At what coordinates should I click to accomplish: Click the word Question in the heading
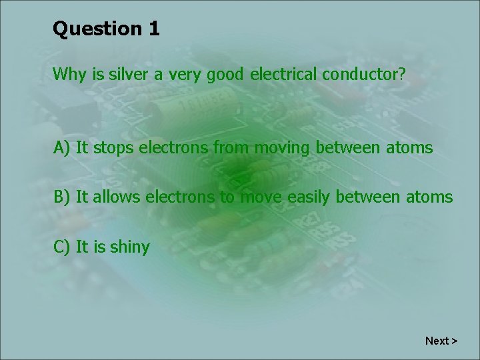pos(92,29)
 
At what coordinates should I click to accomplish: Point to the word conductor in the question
pos(363,75)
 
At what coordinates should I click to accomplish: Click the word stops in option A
pos(113,147)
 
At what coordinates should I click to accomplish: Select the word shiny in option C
pos(130,248)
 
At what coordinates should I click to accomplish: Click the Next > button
pos(441,341)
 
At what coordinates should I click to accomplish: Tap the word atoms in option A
pos(410,147)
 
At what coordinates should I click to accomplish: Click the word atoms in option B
pos(430,197)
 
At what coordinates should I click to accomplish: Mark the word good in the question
pos(225,75)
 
